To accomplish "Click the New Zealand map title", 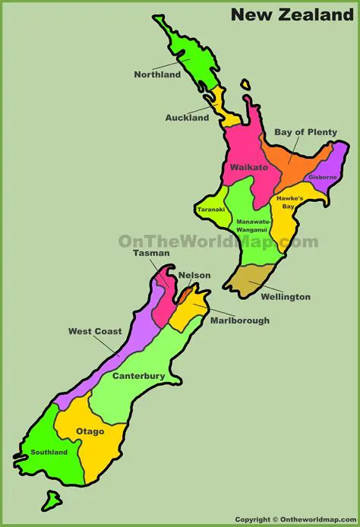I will click(292, 14).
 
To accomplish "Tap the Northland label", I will click(157, 74).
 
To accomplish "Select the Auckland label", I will click(187, 118).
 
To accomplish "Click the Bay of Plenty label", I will click(305, 132).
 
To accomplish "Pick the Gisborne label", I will click(322, 177).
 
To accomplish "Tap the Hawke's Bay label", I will click(289, 202).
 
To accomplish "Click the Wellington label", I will click(285, 297).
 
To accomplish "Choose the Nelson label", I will click(194, 275).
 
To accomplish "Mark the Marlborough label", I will click(239, 320).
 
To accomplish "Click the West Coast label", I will click(95, 331).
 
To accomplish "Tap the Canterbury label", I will click(139, 376).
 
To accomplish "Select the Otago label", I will click(90, 431).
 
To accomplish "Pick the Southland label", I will click(49, 453).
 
